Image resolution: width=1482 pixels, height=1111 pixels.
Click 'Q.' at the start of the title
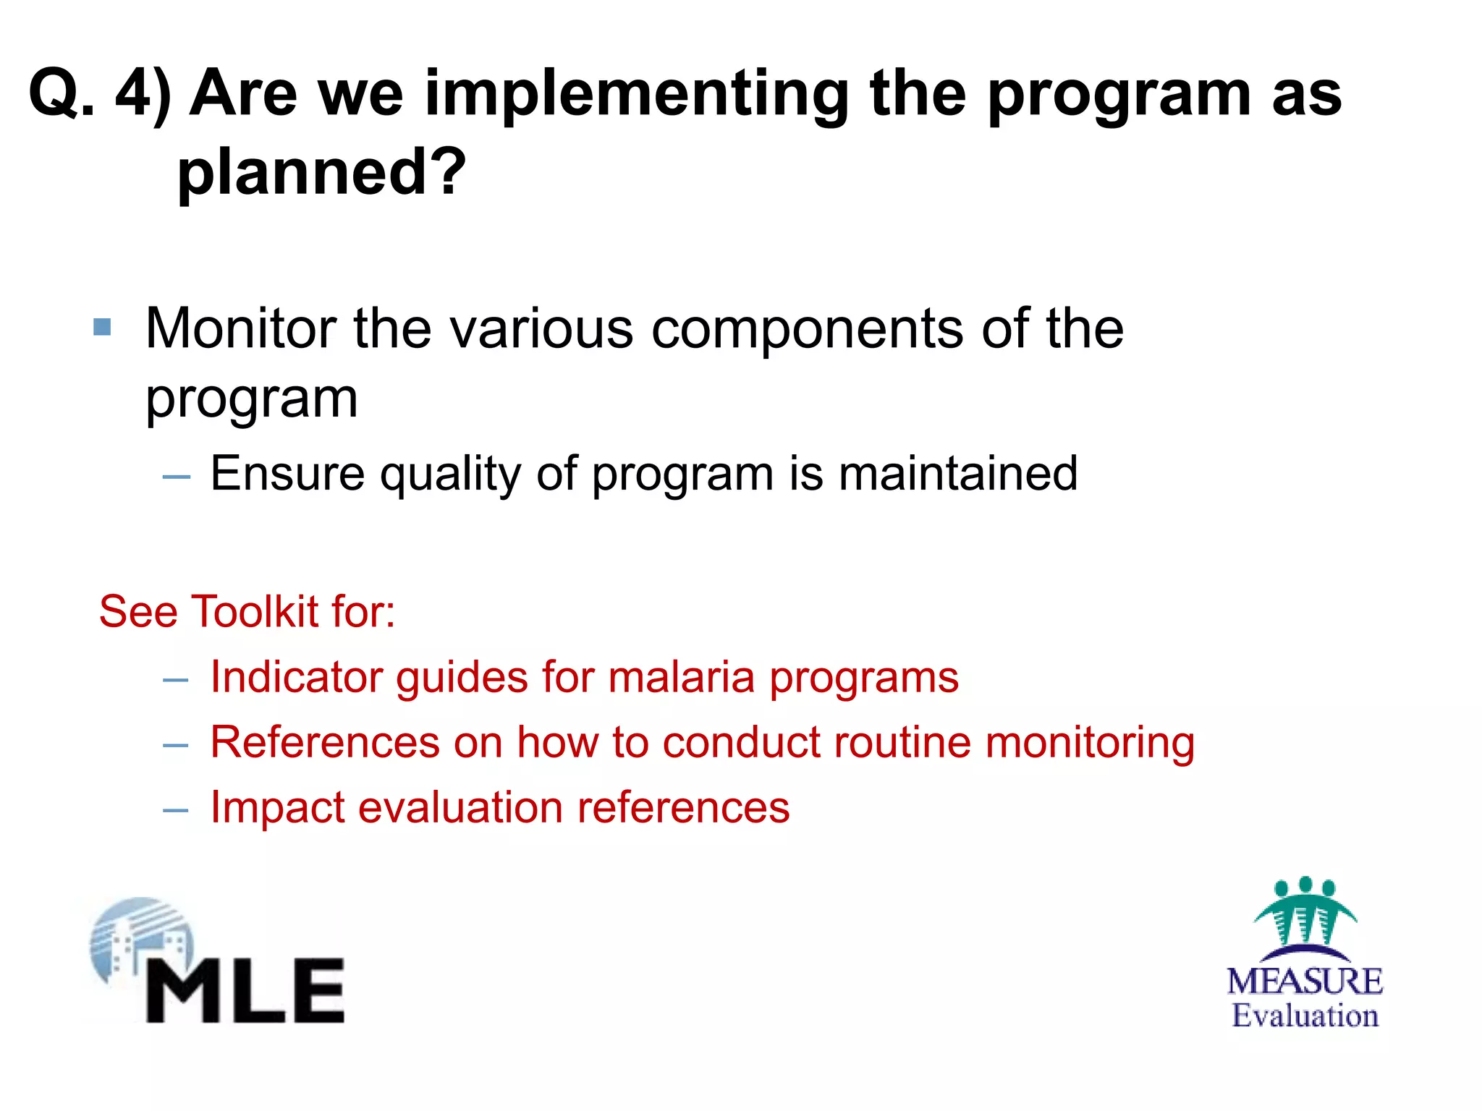[x=61, y=94]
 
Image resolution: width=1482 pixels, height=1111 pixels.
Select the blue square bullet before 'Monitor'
[x=103, y=328]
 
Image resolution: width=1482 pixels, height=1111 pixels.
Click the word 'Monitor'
[x=240, y=329]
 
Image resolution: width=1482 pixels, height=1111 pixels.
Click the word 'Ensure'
[x=287, y=474]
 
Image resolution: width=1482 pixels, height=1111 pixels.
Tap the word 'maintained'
[x=957, y=474]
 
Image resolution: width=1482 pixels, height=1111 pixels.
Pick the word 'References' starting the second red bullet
[x=325, y=743]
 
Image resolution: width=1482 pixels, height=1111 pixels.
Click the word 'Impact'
[x=277, y=809]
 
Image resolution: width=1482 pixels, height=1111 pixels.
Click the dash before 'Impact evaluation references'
[x=176, y=810]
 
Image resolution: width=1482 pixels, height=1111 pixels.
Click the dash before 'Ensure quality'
[x=177, y=477]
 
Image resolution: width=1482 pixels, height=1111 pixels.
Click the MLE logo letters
[x=246, y=991]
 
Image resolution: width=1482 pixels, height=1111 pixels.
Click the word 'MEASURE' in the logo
[x=1304, y=982]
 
